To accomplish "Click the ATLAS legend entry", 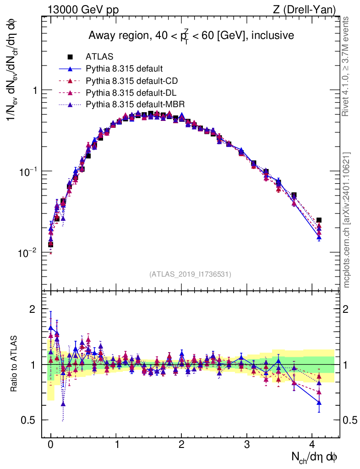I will tap(97, 57).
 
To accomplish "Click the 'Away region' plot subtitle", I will tap(191, 35).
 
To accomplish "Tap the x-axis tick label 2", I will tap(181, 444).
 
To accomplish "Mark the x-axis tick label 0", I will tap(50, 444).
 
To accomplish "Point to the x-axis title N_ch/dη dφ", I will tap(315, 457).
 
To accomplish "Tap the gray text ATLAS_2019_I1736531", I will tap(190, 274).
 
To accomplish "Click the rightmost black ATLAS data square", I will tap(319, 220).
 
